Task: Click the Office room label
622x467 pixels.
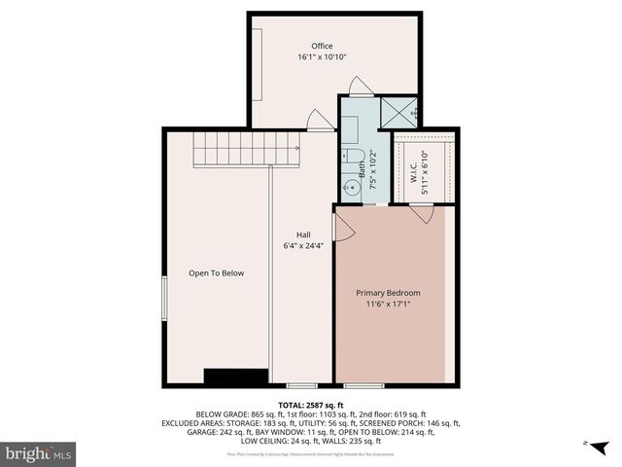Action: (322, 46)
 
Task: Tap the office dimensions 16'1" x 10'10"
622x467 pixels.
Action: (322, 57)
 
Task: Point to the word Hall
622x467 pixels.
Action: (303, 234)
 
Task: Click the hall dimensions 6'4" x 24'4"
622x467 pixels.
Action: (303, 245)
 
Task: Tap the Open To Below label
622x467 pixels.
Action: (216, 273)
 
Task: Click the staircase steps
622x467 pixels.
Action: (247, 151)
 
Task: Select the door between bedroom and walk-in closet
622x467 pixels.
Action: (423, 212)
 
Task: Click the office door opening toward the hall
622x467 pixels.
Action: (318, 122)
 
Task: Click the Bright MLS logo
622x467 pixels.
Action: (40, 453)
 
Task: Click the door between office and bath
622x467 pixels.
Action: (360, 90)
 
